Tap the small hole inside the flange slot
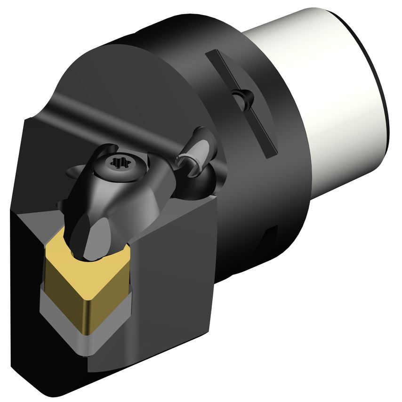245,98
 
